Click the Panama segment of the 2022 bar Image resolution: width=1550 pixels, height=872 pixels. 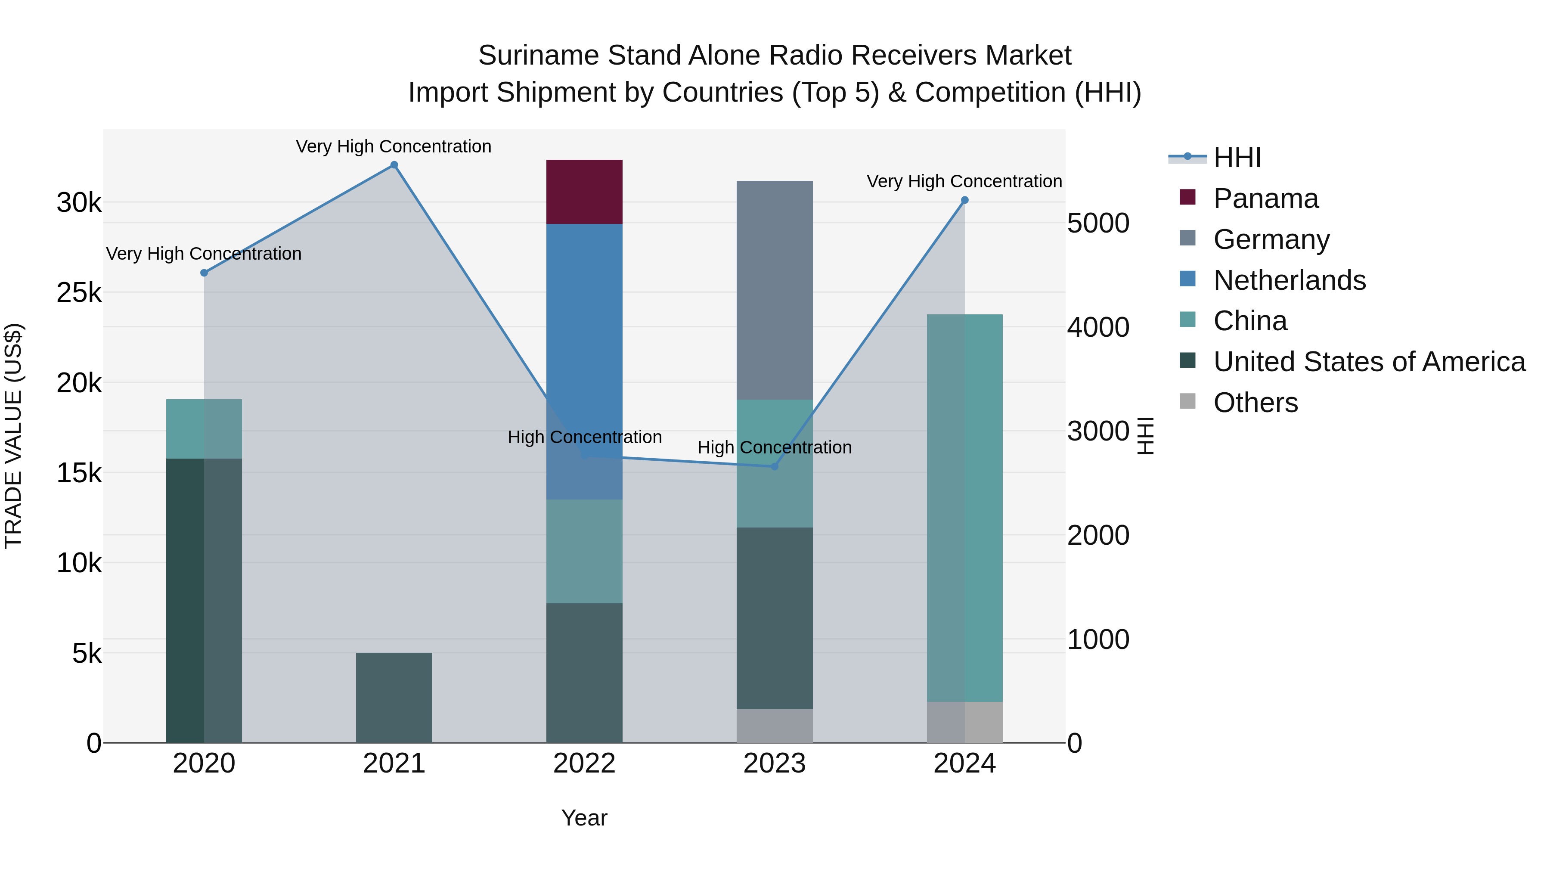(x=584, y=192)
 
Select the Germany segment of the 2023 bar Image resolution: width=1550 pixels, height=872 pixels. (x=775, y=290)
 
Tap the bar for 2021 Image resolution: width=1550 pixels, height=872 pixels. (x=394, y=698)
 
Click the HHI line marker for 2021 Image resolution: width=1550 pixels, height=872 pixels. (x=394, y=165)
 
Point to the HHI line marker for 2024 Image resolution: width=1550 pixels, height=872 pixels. (x=964, y=200)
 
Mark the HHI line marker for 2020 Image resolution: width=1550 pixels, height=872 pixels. (x=204, y=273)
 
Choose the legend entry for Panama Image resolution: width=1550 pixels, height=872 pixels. (x=1265, y=199)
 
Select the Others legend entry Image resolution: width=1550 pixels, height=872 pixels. (x=1255, y=403)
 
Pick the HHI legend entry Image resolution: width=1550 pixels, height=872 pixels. (x=1237, y=158)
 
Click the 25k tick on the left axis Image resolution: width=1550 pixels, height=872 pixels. (x=79, y=293)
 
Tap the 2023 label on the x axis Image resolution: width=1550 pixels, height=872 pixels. (x=775, y=763)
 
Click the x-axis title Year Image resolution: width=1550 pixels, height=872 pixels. (x=584, y=818)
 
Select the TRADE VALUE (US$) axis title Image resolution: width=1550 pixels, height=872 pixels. (x=13, y=436)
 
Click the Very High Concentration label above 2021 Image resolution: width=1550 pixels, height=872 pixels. (x=394, y=146)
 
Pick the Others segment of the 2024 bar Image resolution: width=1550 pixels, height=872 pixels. (x=964, y=722)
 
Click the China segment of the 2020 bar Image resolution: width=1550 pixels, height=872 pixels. (x=204, y=428)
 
